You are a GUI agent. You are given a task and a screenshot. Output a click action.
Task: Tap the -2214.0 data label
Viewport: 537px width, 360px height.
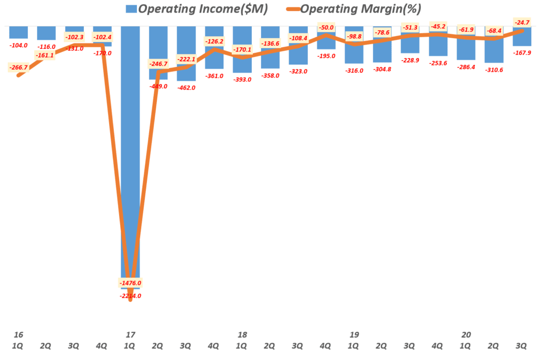[x=130, y=296]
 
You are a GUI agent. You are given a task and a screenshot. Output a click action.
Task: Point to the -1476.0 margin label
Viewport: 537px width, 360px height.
[x=130, y=283]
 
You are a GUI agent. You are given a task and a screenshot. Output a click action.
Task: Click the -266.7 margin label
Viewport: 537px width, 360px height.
[x=19, y=67]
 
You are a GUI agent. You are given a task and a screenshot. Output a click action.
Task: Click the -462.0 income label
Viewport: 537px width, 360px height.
[x=186, y=88]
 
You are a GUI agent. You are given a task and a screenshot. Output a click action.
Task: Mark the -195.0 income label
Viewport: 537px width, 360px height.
[x=326, y=56]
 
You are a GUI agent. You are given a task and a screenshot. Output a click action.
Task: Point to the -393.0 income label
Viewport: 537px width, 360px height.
[x=242, y=79]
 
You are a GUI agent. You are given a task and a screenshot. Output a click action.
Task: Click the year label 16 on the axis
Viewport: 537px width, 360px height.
[x=19, y=334]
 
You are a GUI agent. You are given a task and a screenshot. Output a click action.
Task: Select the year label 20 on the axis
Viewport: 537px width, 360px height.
[x=465, y=334]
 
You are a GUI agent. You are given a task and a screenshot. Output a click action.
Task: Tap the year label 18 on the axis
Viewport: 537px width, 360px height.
[x=242, y=334]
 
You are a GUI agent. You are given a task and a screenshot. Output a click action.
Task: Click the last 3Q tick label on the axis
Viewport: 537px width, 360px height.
[x=521, y=346]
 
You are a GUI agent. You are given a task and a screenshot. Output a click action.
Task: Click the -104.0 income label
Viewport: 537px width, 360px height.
[x=19, y=46]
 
